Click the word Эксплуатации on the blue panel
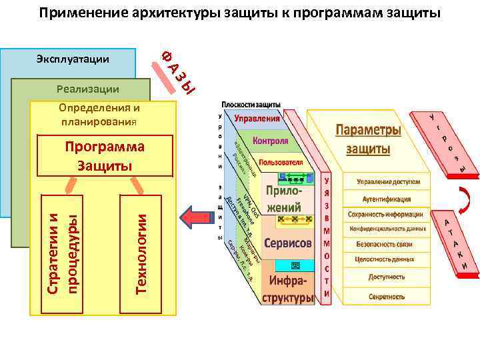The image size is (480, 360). [73, 60]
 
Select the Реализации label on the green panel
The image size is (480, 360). [88, 89]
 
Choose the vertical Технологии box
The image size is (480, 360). [140, 253]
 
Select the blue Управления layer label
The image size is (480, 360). [257, 118]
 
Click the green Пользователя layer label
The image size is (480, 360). [281, 162]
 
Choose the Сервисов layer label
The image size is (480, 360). [287, 244]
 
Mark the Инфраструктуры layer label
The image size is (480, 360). [287, 287]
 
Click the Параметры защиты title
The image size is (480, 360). [367, 139]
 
